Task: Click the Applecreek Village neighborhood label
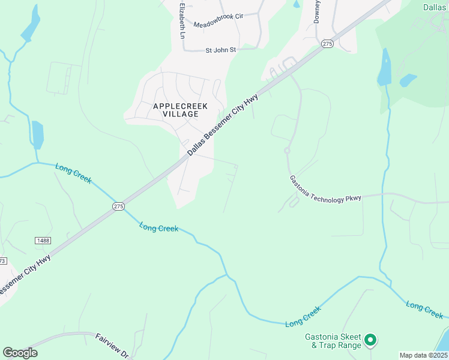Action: coord(180,110)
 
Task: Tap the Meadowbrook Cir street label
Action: coord(218,24)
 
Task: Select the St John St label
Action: coord(221,50)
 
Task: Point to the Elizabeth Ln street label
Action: coord(182,20)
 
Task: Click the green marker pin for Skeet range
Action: coord(370,340)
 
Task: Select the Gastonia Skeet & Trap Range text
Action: coord(333,340)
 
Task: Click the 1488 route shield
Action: coord(43,241)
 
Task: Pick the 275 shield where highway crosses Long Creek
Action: coord(118,206)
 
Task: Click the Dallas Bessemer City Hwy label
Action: coord(223,125)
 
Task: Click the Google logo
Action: coord(20,353)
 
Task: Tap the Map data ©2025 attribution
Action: coord(423,355)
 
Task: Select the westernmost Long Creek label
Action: coord(73,173)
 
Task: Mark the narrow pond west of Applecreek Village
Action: coord(38,135)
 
